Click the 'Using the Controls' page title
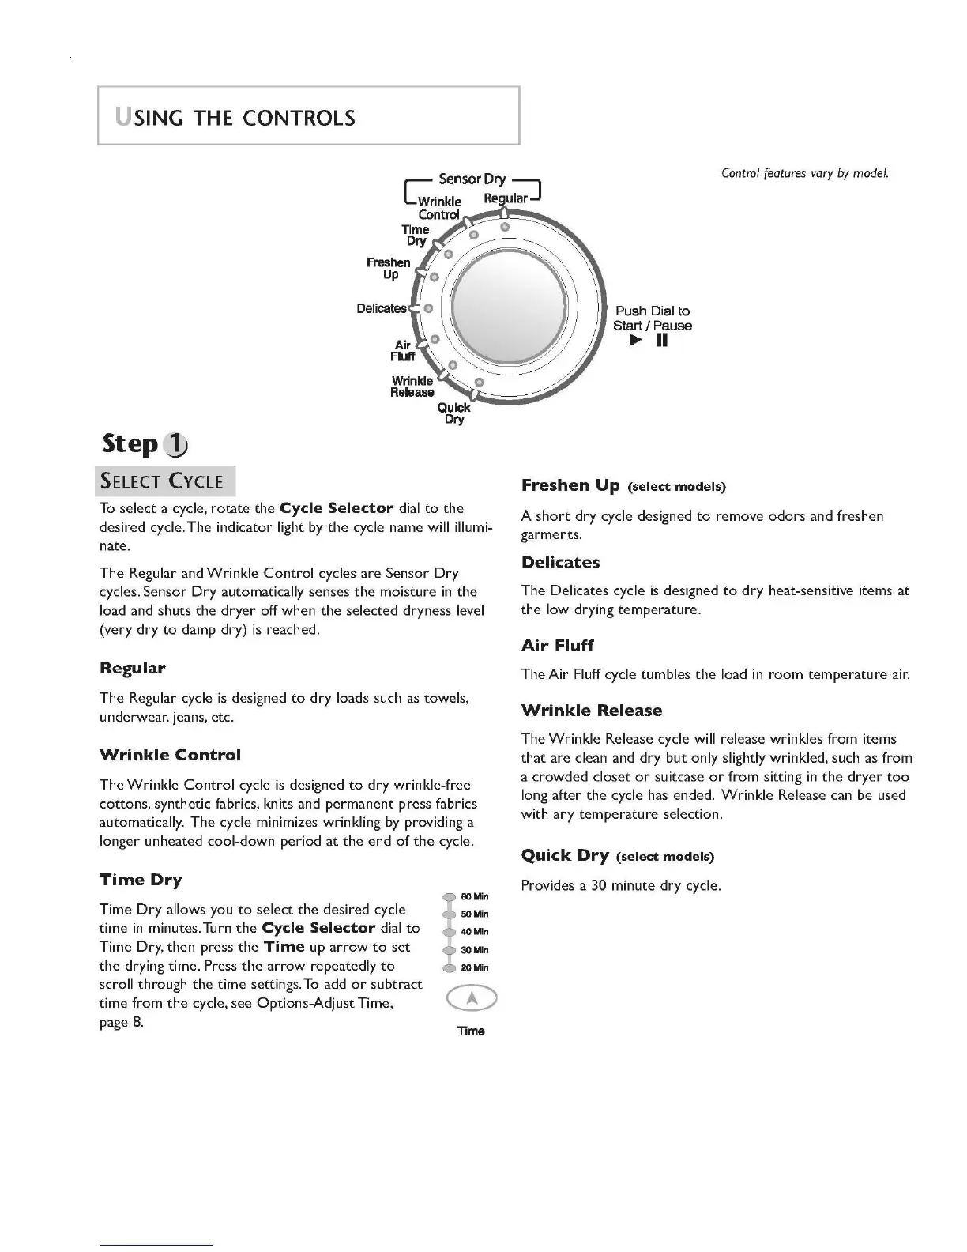(x=236, y=119)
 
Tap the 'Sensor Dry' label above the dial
(x=472, y=179)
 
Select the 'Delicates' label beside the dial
(x=381, y=308)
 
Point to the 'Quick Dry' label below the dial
(x=454, y=413)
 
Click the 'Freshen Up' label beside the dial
(x=389, y=268)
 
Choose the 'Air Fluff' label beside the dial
(x=403, y=351)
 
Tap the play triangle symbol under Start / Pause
(x=636, y=341)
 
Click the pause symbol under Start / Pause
(x=661, y=341)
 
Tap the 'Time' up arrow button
(x=472, y=999)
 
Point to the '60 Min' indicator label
(x=474, y=896)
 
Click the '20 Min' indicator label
(x=474, y=967)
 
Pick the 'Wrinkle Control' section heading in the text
(x=170, y=755)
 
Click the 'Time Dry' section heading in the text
(x=141, y=880)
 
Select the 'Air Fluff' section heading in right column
(x=557, y=646)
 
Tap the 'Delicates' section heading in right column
(x=560, y=563)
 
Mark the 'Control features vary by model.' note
(x=805, y=173)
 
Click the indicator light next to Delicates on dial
(x=427, y=308)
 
